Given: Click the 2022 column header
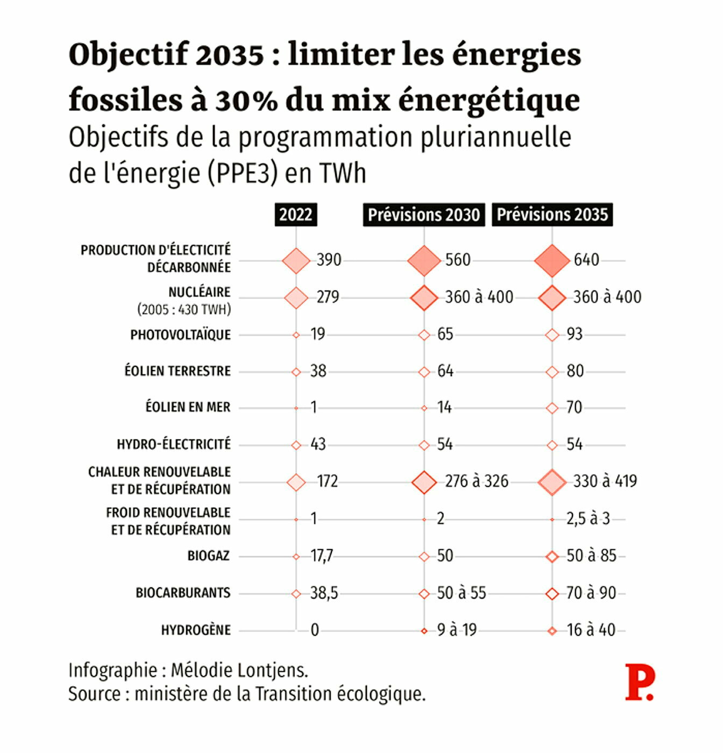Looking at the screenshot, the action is click(296, 215).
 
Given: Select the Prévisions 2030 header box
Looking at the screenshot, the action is click(424, 215).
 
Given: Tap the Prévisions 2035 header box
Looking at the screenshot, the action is click(552, 215).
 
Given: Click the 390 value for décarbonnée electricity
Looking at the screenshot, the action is click(329, 260).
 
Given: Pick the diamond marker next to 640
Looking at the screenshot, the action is click(552, 261).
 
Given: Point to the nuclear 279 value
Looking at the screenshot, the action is click(328, 297).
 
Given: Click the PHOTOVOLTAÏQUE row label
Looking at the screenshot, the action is click(180, 335).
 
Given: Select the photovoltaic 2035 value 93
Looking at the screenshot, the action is click(575, 334).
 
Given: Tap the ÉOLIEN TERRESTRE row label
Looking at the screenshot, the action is click(178, 371).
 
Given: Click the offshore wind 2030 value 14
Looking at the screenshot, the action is click(444, 408).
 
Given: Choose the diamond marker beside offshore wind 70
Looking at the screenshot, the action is click(552, 408).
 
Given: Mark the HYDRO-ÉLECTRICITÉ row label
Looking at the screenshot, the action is click(174, 444).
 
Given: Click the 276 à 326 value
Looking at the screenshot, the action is click(477, 481).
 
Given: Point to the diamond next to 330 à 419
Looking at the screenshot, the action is click(552, 482).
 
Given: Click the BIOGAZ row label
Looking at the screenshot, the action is click(209, 556).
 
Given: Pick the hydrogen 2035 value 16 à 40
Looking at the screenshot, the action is click(591, 630).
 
